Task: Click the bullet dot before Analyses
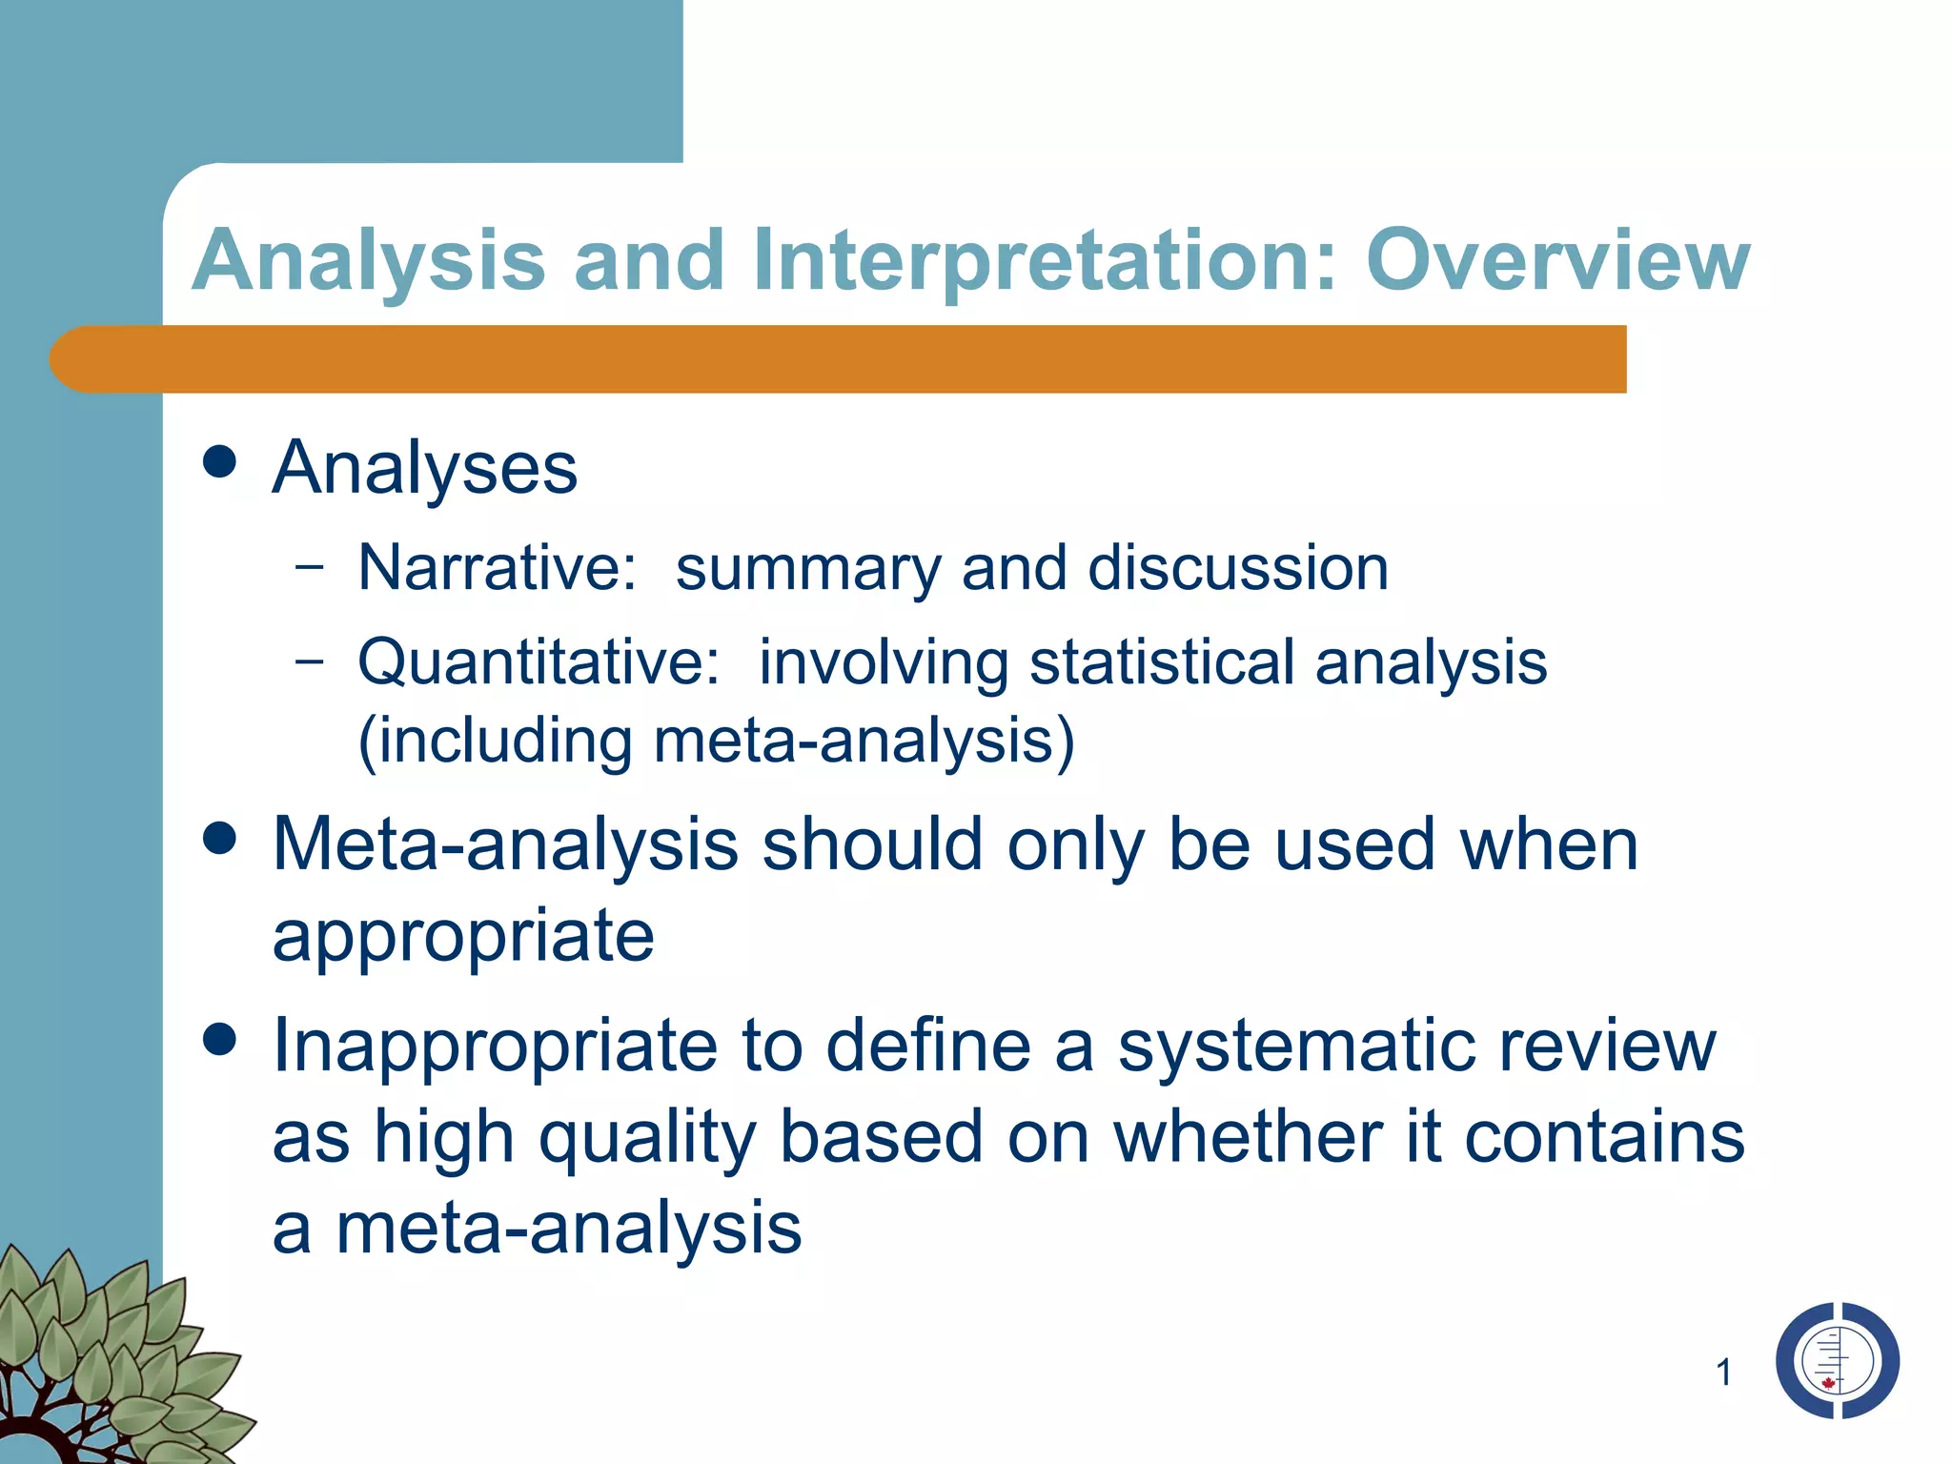point(220,463)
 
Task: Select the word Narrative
point(497,568)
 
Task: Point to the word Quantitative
point(539,661)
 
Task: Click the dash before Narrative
point(310,566)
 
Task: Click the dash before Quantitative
point(310,660)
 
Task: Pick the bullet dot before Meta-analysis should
point(220,840)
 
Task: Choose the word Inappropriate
point(495,1047)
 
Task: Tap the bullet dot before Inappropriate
point(220,1040)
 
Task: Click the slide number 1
point(1723,1372)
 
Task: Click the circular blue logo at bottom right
point(1837,1360)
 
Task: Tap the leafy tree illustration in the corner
point(105,1363)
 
